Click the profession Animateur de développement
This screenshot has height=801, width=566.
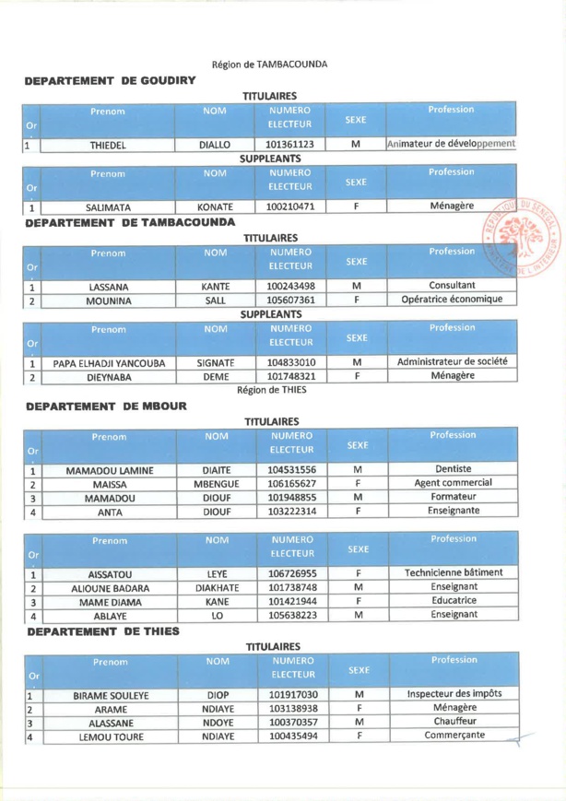click(x=451, y=144)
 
